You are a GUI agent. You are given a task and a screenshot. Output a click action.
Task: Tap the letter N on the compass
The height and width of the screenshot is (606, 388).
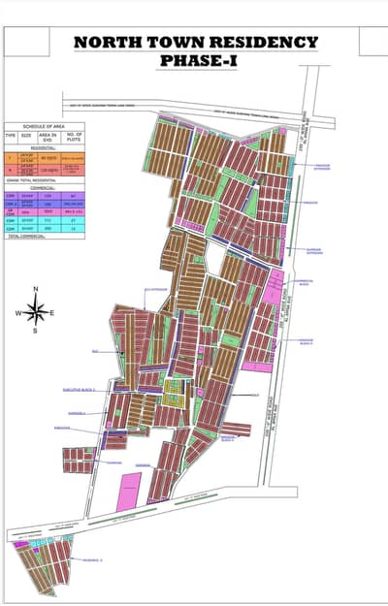pyautogui.click(x=36, y=290)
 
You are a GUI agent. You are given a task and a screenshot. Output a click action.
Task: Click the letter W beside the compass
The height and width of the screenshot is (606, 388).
pyautogui.click(x=16, y=313)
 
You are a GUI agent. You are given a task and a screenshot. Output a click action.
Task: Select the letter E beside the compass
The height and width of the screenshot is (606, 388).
pyautogui.click(x=52, y=313)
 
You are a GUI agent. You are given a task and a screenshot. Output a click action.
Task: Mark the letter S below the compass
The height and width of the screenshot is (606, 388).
pyautogui.click(x=36, y=332)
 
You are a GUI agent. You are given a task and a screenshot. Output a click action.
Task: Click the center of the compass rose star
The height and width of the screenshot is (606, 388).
pyautogui.click(x=36, y=311)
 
